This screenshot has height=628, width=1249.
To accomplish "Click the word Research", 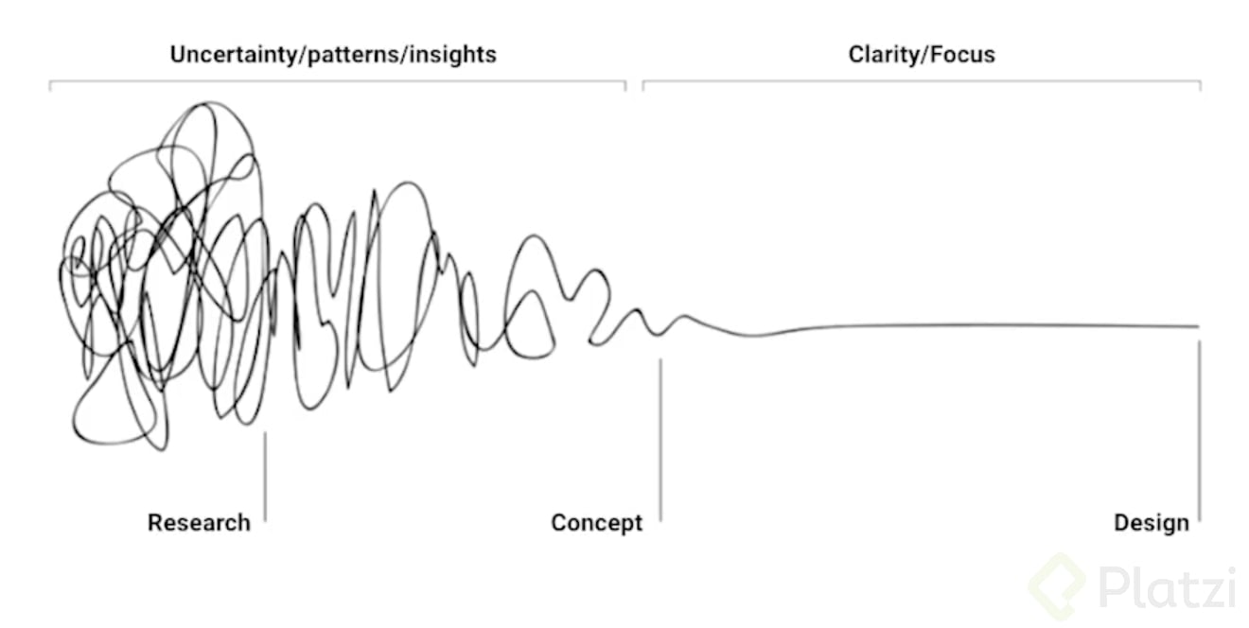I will [x=199, y=523].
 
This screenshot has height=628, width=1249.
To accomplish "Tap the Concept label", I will [x=596, y=523].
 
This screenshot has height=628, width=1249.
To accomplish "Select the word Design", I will [x=1151, y=523].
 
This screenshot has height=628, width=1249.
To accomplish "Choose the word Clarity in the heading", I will [x=886, y=55].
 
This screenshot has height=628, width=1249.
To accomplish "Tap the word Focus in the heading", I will [x=963, y=55].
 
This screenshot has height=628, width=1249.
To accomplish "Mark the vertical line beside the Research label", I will [x=265, y=477].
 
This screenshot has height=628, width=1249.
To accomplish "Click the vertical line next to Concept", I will [x=660, y=441].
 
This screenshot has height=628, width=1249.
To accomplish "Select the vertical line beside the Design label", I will [x=1199, y=431].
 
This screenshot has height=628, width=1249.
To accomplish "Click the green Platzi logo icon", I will [x=1057, y=586].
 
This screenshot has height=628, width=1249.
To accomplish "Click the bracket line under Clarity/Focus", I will [x=922, y=81].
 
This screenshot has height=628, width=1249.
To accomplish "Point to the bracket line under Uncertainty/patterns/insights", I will [x=337, y=81].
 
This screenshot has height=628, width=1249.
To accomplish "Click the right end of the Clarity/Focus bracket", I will [x=1200, y=85].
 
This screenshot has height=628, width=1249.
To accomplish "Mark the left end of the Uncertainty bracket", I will [x=50, y=85].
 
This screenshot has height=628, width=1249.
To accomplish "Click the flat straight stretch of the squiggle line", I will [x=994, y=325].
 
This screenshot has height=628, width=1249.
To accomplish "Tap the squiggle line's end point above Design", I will [x=1197, y=327].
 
